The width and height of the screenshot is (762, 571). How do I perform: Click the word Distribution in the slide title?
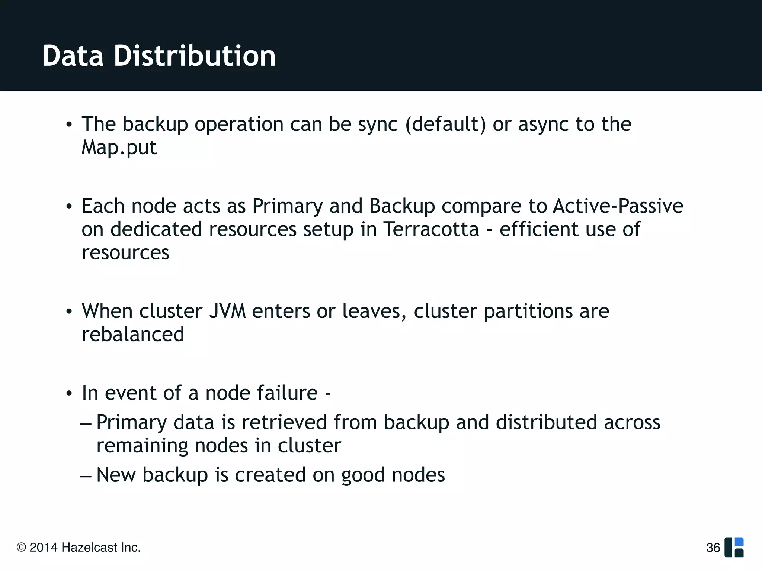[x=195, y=56]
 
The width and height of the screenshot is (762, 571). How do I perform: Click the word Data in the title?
[x=73, y=56]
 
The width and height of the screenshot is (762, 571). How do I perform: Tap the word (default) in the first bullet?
[x=445, y=124]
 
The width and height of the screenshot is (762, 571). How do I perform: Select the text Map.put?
[x=119, y=148]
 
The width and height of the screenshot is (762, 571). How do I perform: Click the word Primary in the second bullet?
[x=288, y=206]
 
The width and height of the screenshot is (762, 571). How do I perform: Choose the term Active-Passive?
[x=618, y=206]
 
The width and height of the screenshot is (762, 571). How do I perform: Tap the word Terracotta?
[x=431, y=229]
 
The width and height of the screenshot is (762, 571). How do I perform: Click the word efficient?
[x=539, y=229]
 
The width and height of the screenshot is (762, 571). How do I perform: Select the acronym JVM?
[x=227, y=311]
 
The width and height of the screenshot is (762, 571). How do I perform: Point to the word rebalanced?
[x=133, y=334]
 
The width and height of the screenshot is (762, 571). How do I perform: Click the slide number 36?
[x=713, y=548]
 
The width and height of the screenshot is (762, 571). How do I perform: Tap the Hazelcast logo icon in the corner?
[x=734, y=547]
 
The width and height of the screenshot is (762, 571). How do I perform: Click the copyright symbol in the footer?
[x=22, y=548]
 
